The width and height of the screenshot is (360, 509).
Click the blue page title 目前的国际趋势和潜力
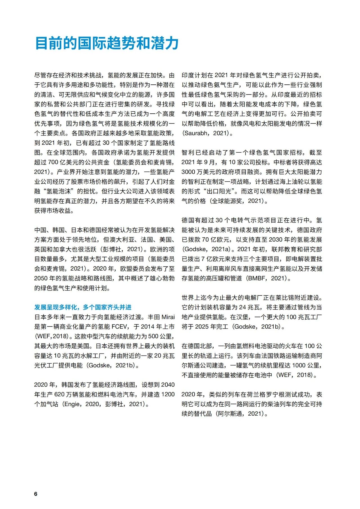point(107,43)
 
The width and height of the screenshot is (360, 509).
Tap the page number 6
point(35,494)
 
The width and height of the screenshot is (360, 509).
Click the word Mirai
point(168,317)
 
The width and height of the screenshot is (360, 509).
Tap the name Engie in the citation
point(72,404)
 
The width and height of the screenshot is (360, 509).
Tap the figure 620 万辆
point(70,395)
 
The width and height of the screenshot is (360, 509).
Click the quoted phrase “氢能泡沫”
point(59,191)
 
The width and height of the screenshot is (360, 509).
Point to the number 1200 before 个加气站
point(168,395)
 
